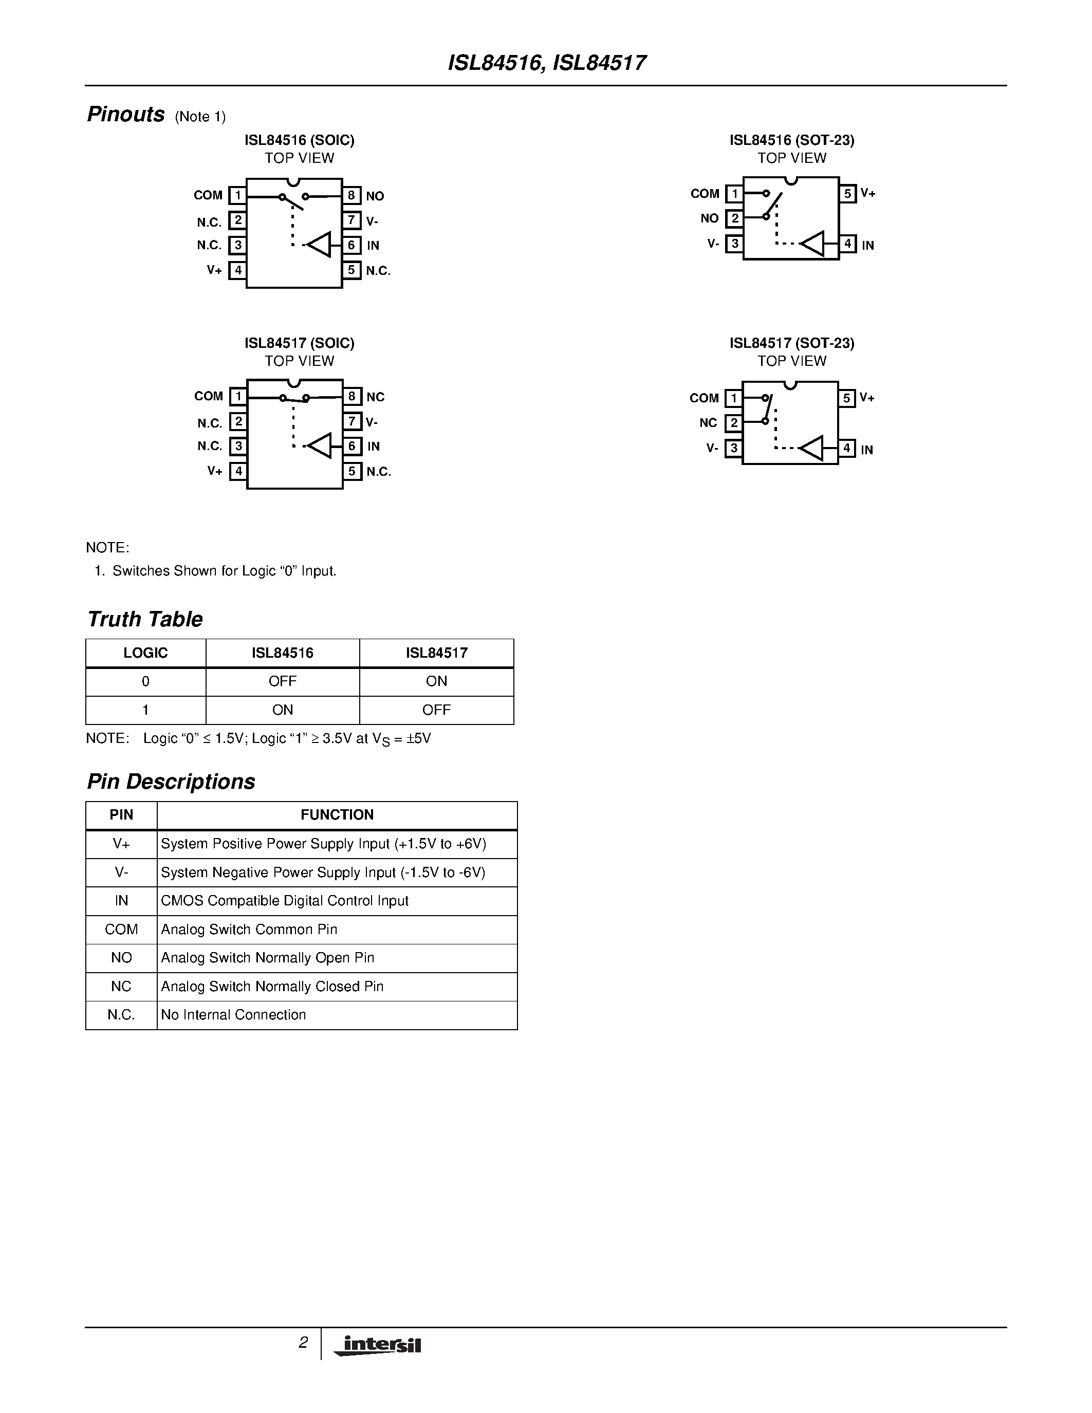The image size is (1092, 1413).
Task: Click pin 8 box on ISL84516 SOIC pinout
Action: click(351, 195)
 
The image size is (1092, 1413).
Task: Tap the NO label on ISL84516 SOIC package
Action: click(375, 196)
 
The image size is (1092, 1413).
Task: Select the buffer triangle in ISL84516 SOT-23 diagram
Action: click(812, 244)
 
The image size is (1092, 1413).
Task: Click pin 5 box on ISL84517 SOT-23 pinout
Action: click(847, 398)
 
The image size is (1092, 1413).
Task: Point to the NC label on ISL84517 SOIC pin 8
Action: click(375, 397)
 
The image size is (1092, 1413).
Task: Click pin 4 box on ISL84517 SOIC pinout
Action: click(238, 471)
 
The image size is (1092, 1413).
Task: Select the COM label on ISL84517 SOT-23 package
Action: click(704, 398)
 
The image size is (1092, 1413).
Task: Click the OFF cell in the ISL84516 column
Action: click(282, 681)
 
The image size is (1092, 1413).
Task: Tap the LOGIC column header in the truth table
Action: click(145, 653)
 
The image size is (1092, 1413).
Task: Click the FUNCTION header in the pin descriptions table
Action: click(337, 814)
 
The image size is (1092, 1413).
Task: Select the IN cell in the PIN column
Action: click(121, 901)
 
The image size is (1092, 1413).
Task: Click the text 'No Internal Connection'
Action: click(233, 1014)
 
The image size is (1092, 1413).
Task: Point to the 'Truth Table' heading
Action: click(145, 619)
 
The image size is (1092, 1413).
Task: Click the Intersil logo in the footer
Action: click(378, 1345)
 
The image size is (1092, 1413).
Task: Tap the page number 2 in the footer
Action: click(303, 1343)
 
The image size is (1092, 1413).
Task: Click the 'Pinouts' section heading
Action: click(126, 115)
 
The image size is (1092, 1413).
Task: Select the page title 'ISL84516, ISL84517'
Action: click(547, 63)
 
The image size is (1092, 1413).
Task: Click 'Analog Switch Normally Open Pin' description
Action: click(268, 958)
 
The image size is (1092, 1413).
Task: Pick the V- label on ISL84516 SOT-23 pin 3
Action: click(713, 244)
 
